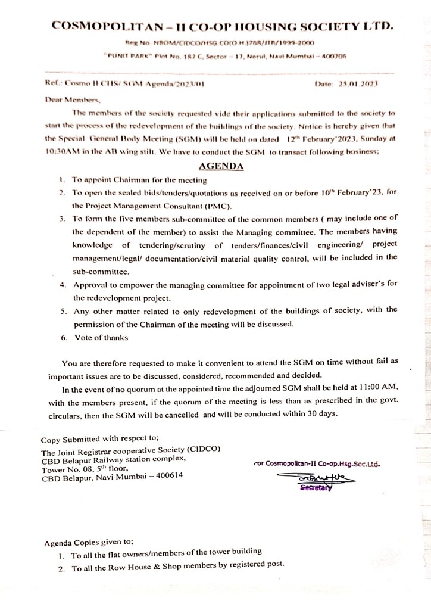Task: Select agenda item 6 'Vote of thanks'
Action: click(101, 338)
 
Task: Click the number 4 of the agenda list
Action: click(63, 285)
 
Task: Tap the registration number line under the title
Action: click(220, 43)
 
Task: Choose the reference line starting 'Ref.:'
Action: click(125, 84)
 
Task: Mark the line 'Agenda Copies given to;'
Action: click(89, 543)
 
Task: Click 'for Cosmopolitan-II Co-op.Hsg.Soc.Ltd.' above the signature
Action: click(316, 463)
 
